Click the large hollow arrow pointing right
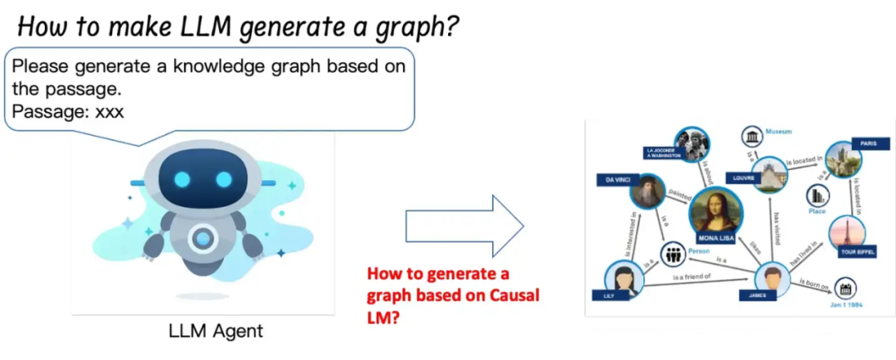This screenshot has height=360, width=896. [x=465, y=226]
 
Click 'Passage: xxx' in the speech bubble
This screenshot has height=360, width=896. [x=68, y=110]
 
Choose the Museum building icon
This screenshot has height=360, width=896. [x=752, y=137]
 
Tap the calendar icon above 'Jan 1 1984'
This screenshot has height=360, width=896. [x=848, y=289]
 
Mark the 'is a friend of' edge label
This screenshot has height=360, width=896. [x=692, y=277]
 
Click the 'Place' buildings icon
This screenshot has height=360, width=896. [x=819, y=196]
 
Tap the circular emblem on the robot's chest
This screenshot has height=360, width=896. [x=202, y=240]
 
